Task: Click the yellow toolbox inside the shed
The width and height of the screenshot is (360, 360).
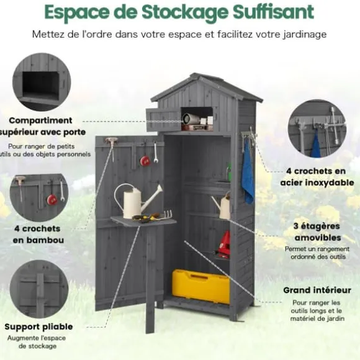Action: tap(200, 286)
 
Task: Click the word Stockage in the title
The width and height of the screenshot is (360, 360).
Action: tap(184, 12)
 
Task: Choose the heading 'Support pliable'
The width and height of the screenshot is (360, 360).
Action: tap(38, 327)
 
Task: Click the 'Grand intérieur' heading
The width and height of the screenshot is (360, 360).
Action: tap(317, 290)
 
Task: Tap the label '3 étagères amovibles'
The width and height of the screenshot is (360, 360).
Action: tap(317, 232)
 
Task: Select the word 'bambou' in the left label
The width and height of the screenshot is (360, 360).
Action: tap(38, 240)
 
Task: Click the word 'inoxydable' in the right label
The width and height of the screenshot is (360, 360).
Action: tap(317, 182)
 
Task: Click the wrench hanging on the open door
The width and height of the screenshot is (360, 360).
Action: tap(156, 153)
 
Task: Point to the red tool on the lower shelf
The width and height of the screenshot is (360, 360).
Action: tap(224, 243)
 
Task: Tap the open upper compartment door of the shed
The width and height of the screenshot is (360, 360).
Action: tap(163, 120)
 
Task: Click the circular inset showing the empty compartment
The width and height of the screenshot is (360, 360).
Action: tap(42, 82)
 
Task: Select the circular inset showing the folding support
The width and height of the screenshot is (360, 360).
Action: tap(39, 289)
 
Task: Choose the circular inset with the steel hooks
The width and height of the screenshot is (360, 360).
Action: tap(317, 128)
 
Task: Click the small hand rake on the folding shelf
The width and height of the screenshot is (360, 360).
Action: tap(164, 215)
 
